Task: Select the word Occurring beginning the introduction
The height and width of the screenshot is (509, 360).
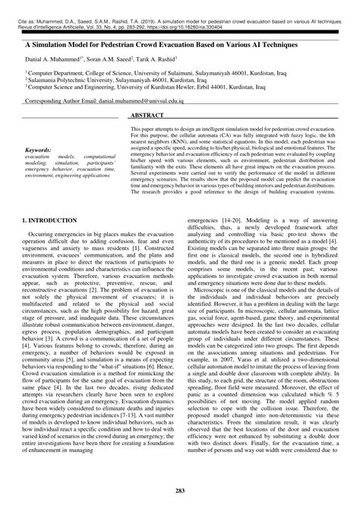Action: pos(41,236)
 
